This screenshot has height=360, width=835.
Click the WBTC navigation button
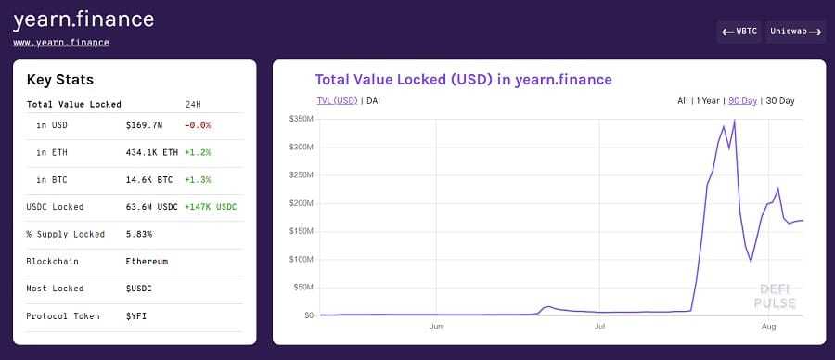coord(739,32)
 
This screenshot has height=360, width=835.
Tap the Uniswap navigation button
coord(795,32)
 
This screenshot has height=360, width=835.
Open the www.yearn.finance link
coord(60,42)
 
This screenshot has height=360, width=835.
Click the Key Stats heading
coord(60,80)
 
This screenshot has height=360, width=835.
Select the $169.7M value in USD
coord(144,124)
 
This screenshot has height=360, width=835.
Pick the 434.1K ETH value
coord(151,151)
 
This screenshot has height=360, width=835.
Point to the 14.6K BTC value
coord(148,179)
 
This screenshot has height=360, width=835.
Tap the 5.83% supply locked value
coord(138,234)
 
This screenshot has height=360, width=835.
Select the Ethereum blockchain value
coord(147,261)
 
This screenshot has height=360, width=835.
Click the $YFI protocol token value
coord(136,315)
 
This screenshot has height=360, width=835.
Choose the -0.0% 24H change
coord(198,124)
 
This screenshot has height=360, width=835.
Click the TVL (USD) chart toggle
coord(337,100)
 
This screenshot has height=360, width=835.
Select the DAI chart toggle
coord(373,100)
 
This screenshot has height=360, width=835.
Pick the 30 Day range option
coord(779,100)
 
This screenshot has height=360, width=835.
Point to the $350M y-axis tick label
coord(302,120)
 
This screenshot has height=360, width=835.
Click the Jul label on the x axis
coord(600,327)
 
